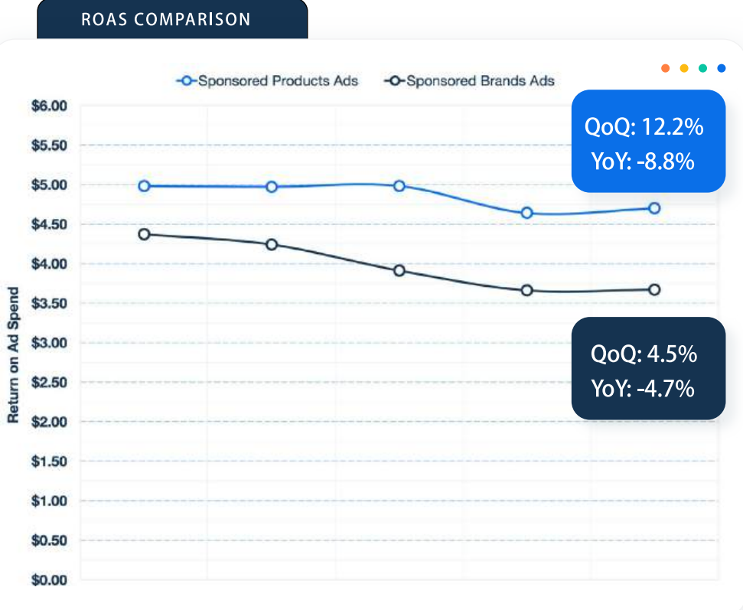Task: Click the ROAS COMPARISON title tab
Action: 165,19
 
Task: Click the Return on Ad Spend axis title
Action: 13,355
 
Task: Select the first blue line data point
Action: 144,186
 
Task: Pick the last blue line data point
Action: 654,208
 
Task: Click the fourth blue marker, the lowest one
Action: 526,213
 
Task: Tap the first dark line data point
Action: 144,234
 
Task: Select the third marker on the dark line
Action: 399,270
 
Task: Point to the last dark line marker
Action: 654,289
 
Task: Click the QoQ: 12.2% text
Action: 644,127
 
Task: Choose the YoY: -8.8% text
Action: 643,161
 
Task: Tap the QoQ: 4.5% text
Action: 644,354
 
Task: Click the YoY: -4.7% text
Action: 643,389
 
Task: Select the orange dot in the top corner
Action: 666,68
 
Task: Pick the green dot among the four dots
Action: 702,68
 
